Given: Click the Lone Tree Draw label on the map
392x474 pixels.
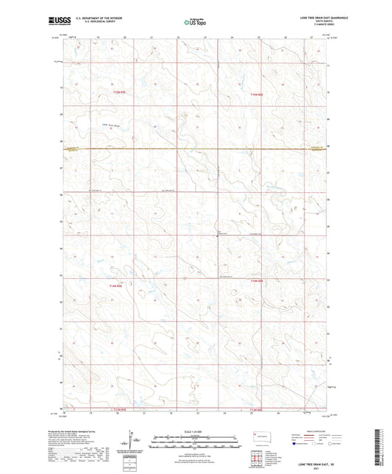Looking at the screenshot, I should tap(110, 126).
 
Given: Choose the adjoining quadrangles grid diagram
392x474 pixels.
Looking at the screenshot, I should tap(257, 455).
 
